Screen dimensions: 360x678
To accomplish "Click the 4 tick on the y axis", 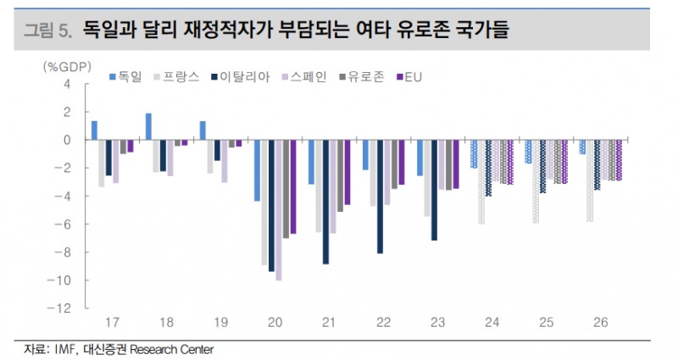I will (77, 84).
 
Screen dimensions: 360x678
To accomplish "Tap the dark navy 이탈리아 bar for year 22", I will (380, 197).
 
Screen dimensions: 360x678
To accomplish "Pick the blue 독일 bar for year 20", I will (257, 170).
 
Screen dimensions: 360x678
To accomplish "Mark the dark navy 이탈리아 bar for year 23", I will (435, 190).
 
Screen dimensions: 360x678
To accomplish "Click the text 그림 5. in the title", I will (47, 32).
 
